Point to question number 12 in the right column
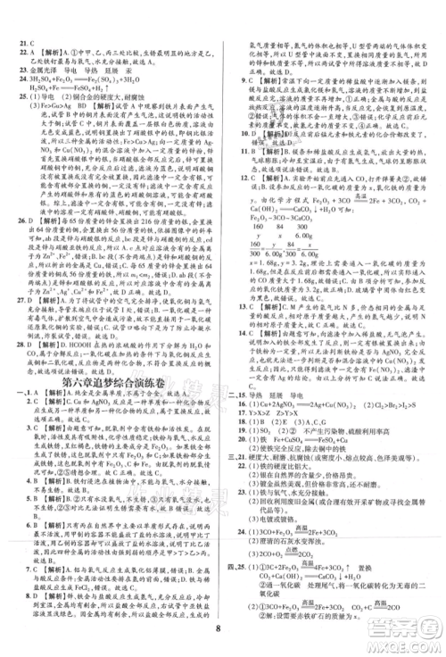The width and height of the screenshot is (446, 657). pos(235,196)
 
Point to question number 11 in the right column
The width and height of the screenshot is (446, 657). pos(235,150)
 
